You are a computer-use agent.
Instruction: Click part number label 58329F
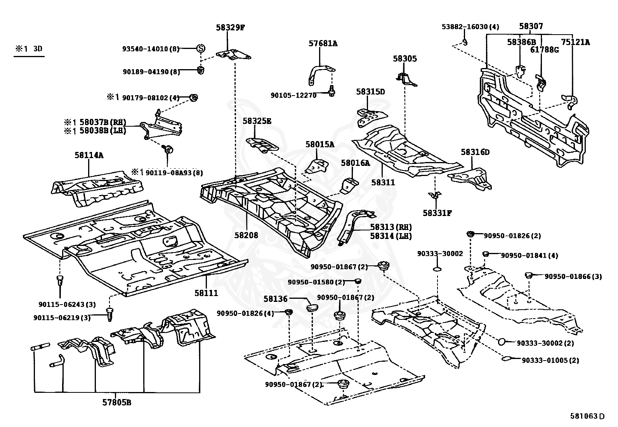pyautogui.click(x=230, y=28)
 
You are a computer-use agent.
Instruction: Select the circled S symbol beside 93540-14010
pyautogui.click(x=201, y=49)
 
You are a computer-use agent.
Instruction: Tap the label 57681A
pyautogui.click(x=323, y=44)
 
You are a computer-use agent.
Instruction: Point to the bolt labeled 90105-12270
pyautogui.click(x=332, y=91)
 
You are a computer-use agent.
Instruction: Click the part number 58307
pyautogui.click(x=531, y=26)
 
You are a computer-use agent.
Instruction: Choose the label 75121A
pyautogui.click(x=575, y=42)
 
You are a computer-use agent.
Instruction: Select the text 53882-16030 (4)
pyautogui.click(x=470, y=26)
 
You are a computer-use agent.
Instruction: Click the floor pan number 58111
pyautogui.click(x=206, y=293)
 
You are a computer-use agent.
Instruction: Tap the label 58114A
pyautogui.click(x=89, y=155)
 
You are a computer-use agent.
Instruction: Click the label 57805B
pyautogui.click(x=117, y=403)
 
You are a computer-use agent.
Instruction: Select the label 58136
pyautogui.click(x=275, y=298)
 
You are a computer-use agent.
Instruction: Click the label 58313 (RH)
pyautogui.click(x=391, y=227)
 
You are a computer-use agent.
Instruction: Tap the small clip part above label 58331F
pyautogui.click(x=435, y=195)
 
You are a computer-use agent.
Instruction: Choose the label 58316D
pyautogui.click(x=475, y=152)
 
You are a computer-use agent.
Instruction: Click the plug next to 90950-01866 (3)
pyautogui.click(x=528, y=275)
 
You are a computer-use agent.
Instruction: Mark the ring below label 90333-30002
pyautogui.click(x=437, y=269)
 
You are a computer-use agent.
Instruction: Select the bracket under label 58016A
pyautogui.click(x=350, y=186)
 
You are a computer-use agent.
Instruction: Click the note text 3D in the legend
pyautogui.click(x=38, y=49)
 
